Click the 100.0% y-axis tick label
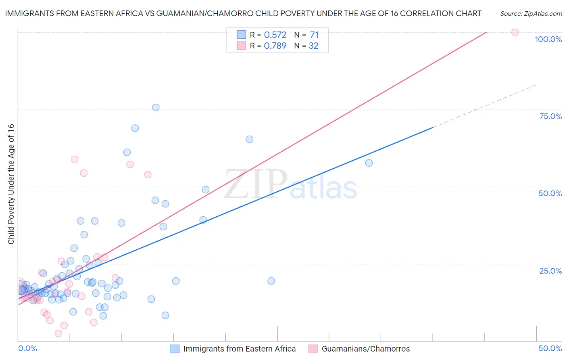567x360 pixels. [x=548, y=39]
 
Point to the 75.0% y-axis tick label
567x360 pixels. [x=550, y=116]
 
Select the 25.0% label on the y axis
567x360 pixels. [x=550, y=270]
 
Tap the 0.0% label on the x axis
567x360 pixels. [x=27, y=348]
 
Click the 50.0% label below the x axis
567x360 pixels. [x=550, y=348]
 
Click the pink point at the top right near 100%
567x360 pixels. [x=515, y=32]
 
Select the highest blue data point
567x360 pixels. [x=156, y=107]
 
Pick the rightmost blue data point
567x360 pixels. [x=369, y=163]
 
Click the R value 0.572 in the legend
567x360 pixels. [x=275, y=35]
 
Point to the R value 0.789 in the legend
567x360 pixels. [x=275, y=46]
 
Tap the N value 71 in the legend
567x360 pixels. [x=314, y=35]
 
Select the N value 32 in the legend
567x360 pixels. [x=313, y=46]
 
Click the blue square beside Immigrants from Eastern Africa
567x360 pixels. [x=175, y=349]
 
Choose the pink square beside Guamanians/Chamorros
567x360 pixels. [x=313, y=349]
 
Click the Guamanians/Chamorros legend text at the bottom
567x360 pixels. [x=365, y=349]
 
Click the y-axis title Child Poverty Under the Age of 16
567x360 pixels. [x=11, y=184]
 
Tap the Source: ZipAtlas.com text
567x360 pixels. [x=531, y=14]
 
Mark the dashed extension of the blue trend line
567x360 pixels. [x=484, y=106]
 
